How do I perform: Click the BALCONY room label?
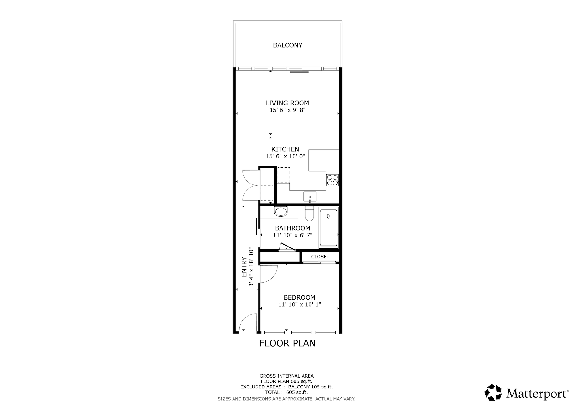pyautogui.click(x=287, y=45)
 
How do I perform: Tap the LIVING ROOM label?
pyautogui.click(x=287, y=103)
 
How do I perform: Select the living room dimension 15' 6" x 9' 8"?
pyautogui.click(x=287, y=110)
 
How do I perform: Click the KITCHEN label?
pyautogui.click(x=285, y=149)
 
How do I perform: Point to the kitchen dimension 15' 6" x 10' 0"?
pyautogui.click(x=285, y=156)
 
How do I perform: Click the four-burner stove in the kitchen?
pyautogui.click(x=332, y=180)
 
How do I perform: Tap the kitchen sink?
pyautogui.click(x=310, y=197)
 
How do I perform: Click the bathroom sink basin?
pyautogui.click(x=281, y=212)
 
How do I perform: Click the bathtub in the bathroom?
pyautogui.click(x=329, y=228)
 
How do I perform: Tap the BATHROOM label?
pyautogui.click(x=292, y=228)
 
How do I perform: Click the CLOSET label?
pyautogui.click(x=320, y=257)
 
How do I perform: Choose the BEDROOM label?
pyautogui.click(x=299, y=298)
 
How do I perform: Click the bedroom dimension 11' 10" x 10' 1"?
pyautogui.click(x=299, y=305)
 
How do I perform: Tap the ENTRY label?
pyautogui.click(x=244, y=267)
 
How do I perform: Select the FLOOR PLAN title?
pyautogui.click(x=287, y=343)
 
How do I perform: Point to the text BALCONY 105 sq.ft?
pyautogui.click(x=310, y=387)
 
